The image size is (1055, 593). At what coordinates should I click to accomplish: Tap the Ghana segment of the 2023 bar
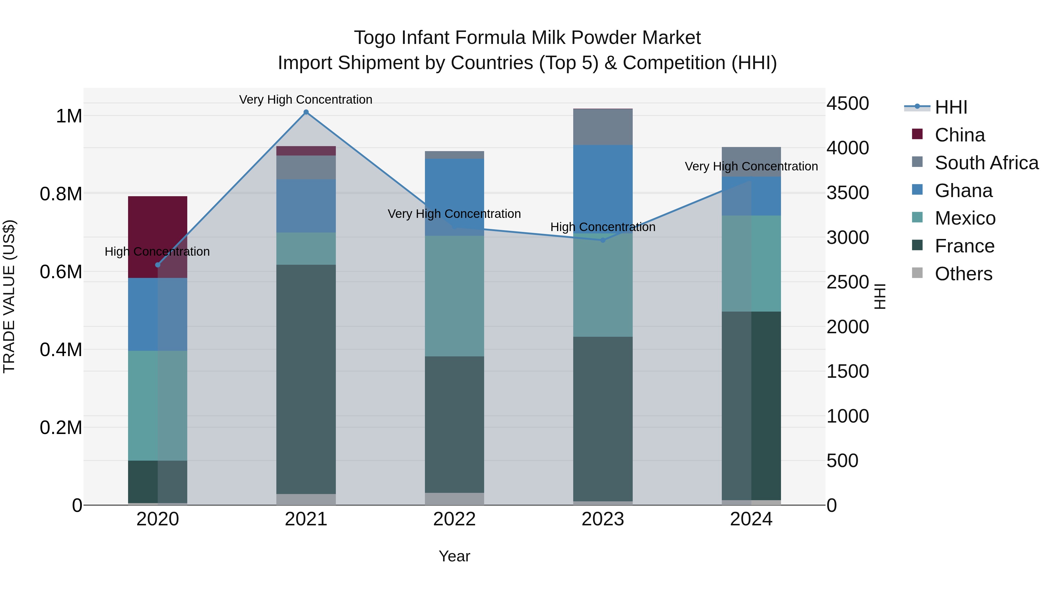[603, 188]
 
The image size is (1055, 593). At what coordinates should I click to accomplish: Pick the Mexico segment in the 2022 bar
[454, 295]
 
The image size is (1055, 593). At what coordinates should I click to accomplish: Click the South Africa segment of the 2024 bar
[751, 161]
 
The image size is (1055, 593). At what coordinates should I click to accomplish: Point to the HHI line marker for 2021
[306, 112]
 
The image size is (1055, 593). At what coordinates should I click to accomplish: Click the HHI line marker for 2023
[603, 240]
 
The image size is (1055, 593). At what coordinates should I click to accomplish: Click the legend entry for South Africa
[986, 163]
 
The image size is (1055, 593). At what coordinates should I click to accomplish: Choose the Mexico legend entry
[965, 218]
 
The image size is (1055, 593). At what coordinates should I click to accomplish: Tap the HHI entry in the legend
[950, 107]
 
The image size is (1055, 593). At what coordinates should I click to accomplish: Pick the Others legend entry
[963, 274]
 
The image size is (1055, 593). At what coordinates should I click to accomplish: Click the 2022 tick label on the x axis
[454, 519]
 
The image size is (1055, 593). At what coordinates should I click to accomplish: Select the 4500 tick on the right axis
[847, 104]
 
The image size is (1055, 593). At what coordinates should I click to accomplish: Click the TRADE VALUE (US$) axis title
[9, 296]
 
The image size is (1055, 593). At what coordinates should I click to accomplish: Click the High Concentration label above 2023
[603, 227]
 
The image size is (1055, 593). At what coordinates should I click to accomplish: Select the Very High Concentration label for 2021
[306, 100]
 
